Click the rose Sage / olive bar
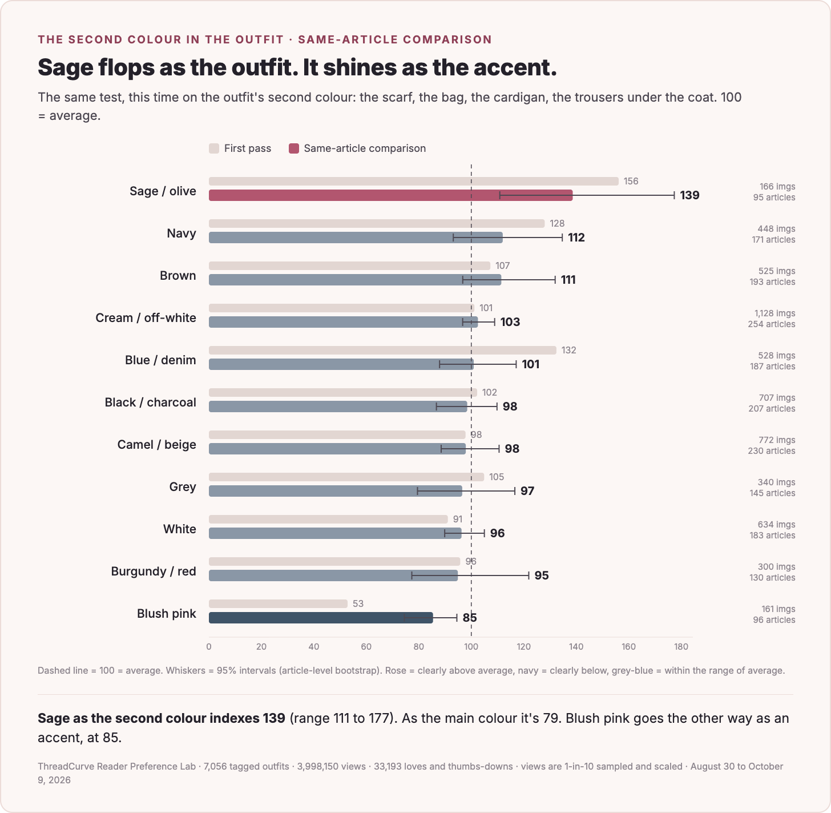click(390, 195)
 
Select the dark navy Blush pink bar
click(321, 617)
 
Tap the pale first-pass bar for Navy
click(377, 223)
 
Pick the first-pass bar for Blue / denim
click(382, 351)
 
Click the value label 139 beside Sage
click(689, 195)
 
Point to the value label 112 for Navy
click(576, 238)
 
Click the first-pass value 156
click(631, 181)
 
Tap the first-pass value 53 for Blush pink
click(358, 603)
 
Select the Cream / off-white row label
click(146, 318)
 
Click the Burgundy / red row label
click(154, 571)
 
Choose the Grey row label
click(182, 486)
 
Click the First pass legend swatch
click(214, 148)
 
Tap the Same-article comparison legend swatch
click(294, 148)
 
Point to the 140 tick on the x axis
click(576, 646)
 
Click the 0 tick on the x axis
click(209, 646)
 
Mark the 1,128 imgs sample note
click(774, 313)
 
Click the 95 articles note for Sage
click(774, 198)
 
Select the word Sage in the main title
click(65, 67)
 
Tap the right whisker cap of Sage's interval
click(674, 195)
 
